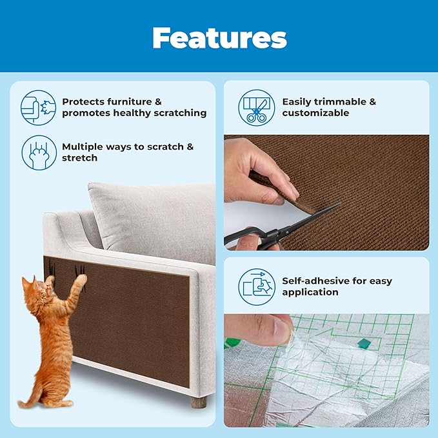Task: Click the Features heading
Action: pyautogui.click(x=219, y=38)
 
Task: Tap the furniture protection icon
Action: pyautogui.click(x=39, y=107)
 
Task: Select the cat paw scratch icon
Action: pyautogui.click(x=39, y=152)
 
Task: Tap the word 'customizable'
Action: pyautogui.click(x=315, y=113)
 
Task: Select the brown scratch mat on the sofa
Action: pyautogui.click(x=129, y=316)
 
